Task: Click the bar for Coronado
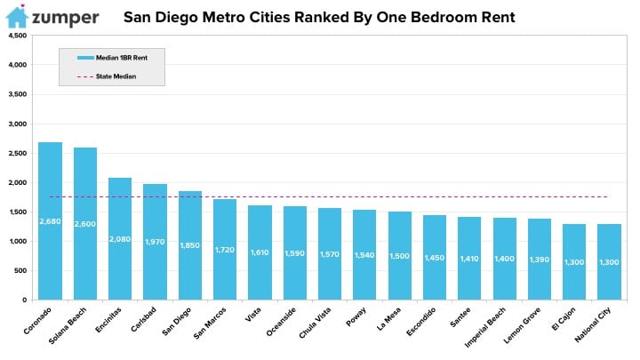(50, 220)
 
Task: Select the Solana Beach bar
(85, 224)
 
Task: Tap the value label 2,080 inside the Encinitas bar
(120, 239)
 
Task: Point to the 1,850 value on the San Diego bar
(190, 245)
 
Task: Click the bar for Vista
(260, 252)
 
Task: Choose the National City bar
(610, 261)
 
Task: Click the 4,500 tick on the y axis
(18, 36)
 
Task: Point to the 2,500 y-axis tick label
(18, 153)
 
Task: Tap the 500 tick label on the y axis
(20, 270)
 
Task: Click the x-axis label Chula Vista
(315, 323)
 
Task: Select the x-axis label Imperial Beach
(485, 327)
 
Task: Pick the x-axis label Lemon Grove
(522, 325)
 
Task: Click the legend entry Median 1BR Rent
(112, 58)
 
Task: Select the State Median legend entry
(107, 76)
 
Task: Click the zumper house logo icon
(17, 16)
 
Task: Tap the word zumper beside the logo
(65, 18)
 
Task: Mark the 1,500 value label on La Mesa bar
(400, 256)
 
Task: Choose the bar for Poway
(364, 255)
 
